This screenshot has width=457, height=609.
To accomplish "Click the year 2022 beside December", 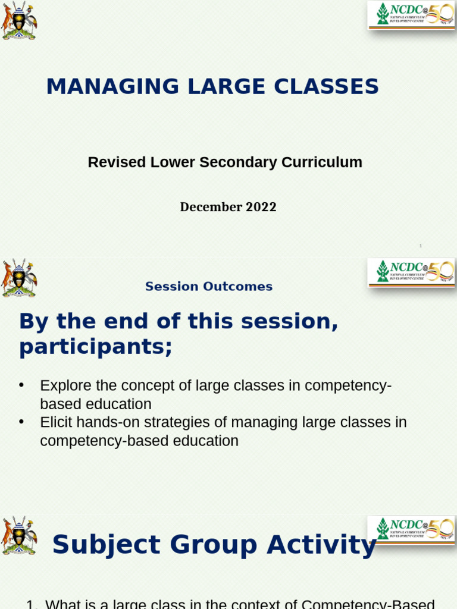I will (261, 207).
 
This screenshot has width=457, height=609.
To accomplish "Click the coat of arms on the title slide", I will (18, 20).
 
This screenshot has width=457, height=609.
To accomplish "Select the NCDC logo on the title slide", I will (411, 15).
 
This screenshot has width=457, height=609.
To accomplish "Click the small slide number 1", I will (420, 246).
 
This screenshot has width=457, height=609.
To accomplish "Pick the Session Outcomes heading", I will (209, 287).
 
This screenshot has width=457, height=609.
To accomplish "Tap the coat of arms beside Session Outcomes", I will (18, 278).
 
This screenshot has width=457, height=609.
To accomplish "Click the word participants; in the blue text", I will (95, 347).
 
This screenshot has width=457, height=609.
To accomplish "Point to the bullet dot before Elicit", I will (21, 422).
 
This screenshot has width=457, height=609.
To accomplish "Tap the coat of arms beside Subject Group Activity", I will (18, 535).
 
